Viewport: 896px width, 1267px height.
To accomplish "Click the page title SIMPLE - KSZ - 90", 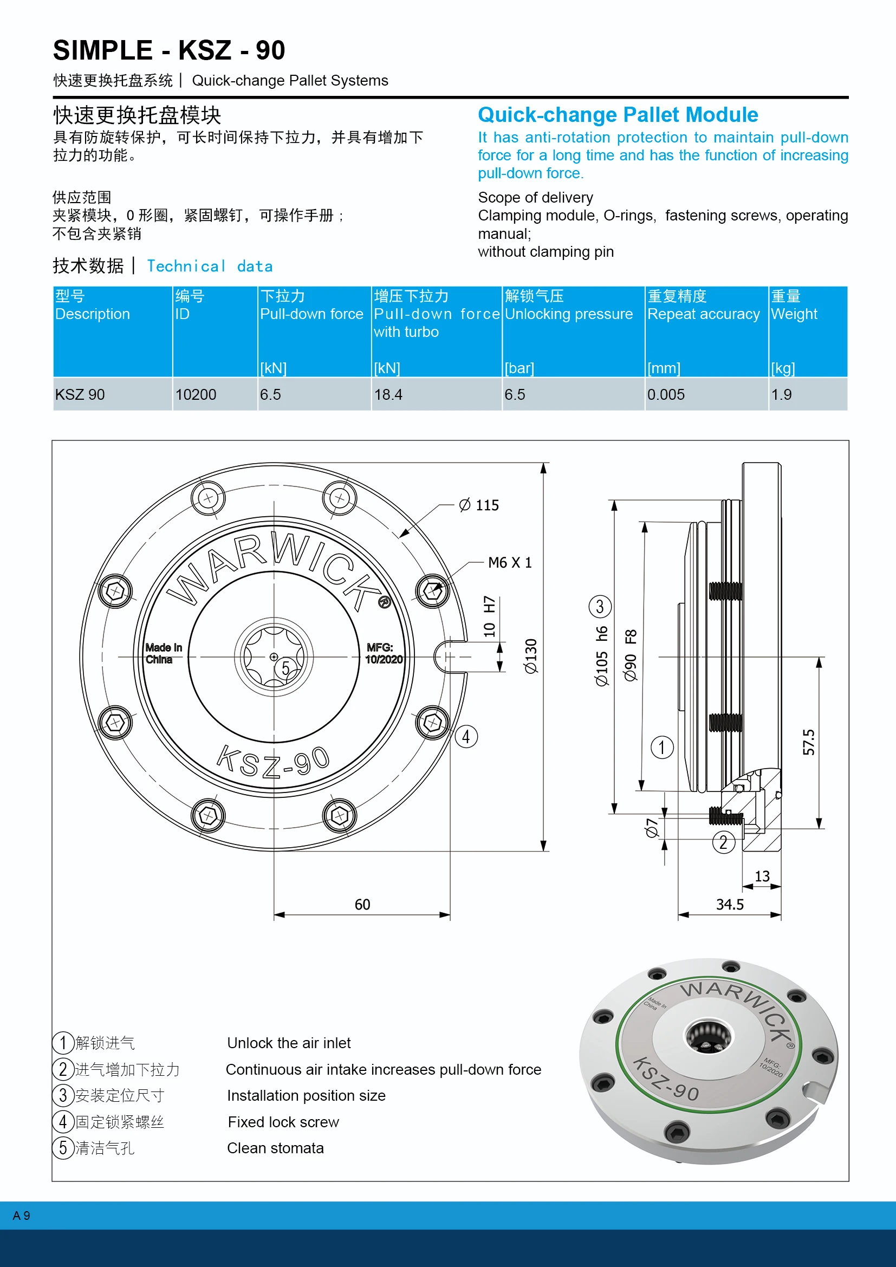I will click(x=169, y=51).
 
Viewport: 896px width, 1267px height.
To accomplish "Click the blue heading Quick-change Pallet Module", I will click(x=618, y=115).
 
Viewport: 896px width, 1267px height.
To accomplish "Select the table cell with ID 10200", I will click(x=196, y=394).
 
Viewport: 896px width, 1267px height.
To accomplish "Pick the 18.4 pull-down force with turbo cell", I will click(x=388, y=394).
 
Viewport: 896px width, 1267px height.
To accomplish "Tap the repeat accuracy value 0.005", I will click(x=665, y=394).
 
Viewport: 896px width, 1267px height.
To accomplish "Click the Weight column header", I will click(x=794, y=314).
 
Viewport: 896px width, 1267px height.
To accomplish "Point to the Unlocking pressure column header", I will click(x=568, y=314).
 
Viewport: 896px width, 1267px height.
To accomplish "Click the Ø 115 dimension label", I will click(x=479, y=505).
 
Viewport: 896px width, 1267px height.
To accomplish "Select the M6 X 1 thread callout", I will click(x=509, y=562).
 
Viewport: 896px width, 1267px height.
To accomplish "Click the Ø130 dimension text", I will click(x=531, y=656).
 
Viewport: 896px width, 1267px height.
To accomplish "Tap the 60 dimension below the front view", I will click(x=362, y=904).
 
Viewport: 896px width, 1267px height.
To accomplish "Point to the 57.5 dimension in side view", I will click(x=809, y=742).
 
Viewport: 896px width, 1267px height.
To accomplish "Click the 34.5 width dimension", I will click(x=729, y=904).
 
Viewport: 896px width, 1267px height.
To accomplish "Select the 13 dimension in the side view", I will click(x=762, y=876).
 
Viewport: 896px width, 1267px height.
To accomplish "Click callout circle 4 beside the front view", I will click(x=466, y=736).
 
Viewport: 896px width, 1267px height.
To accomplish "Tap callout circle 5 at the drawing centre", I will click(x=285, y=668).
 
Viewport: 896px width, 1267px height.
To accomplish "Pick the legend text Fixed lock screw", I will click(x=283, y=1122).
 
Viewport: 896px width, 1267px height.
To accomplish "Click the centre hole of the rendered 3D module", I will click(x=708, y=1036).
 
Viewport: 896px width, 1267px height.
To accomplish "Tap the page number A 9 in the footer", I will click(x=22, y=1216).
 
